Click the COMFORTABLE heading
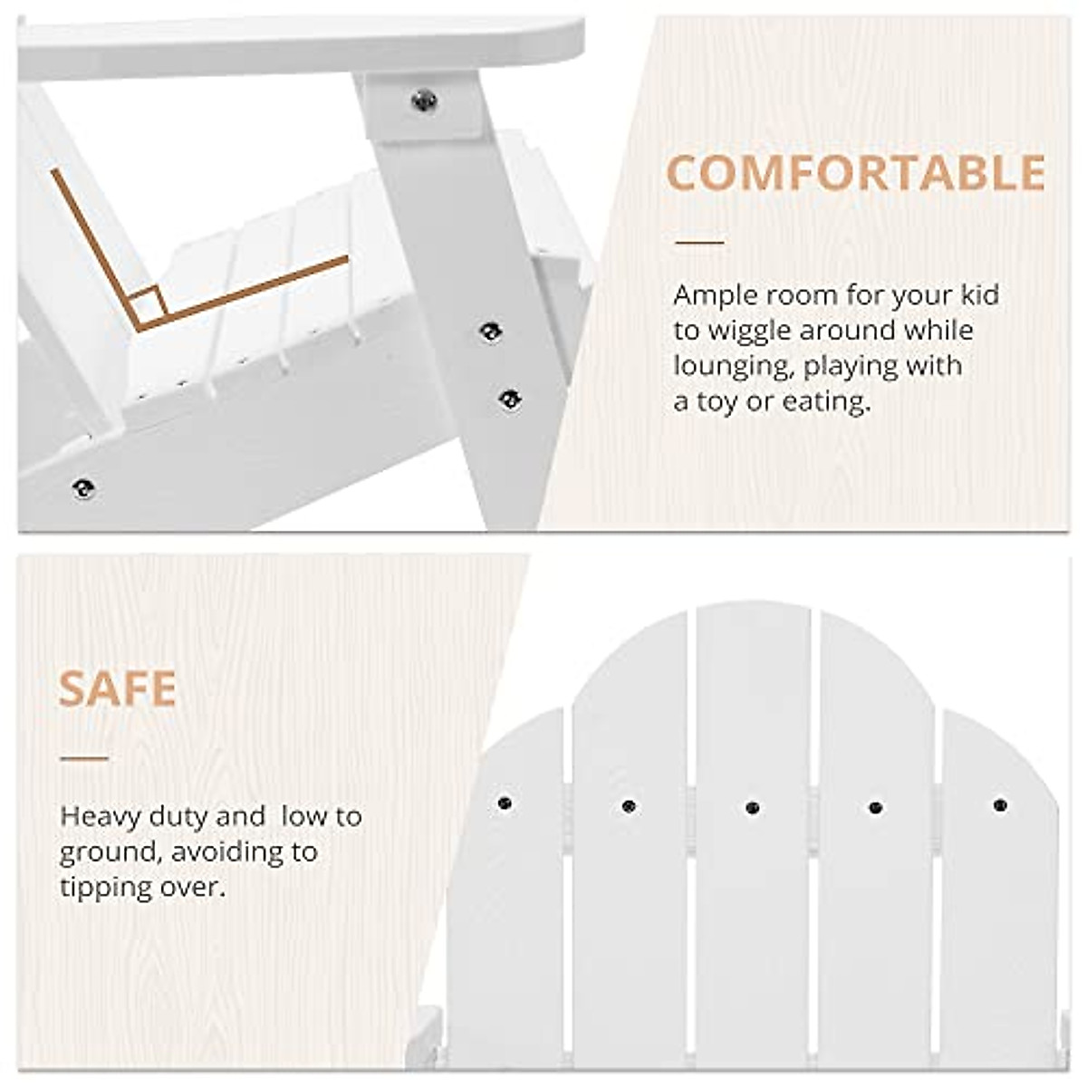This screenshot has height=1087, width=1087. coord(856,173)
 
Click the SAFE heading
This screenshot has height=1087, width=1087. coord(118,688)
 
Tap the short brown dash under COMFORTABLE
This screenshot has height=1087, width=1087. coord(699,243)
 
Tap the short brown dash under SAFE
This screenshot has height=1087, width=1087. coord(84,757)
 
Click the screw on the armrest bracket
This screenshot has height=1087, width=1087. coord(424,101)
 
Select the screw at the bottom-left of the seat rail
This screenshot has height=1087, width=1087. coord(84,488)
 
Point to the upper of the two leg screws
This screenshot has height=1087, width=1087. coord(491,332)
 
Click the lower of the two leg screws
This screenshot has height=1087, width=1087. coord(510,400)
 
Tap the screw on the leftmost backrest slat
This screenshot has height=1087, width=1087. coord(505,803)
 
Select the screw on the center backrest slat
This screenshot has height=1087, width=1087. coord(751,807)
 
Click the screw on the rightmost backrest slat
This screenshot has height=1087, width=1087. coord(1000,804)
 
